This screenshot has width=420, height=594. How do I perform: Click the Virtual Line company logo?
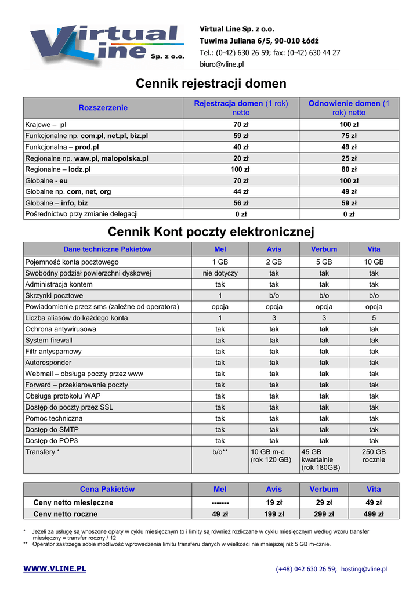click(x=107, y=45)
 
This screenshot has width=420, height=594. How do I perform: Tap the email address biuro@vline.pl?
click(x=222, y=64)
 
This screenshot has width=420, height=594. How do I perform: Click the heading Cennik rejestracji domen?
click(x=211, y=84)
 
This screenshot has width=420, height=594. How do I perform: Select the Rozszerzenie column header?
click(x=103, y=108)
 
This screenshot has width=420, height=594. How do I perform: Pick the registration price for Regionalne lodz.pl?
click(x=241, y=169)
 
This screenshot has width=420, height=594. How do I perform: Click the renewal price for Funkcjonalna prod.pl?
click(x=349, y=147)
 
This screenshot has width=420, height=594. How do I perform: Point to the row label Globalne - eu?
click(x=46, y=180)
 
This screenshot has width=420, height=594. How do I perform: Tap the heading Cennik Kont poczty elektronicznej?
click(x=211, y=233)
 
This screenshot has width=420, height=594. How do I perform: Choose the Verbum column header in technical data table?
click(x=324, y=249)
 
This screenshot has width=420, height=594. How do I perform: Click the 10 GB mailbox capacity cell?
click(x=374, y=262)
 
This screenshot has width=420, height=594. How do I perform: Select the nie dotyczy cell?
click(x=220, y=273)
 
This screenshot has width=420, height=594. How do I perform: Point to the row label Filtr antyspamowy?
click(x=53, y=352)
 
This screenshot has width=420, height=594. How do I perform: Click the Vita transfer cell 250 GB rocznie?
click(x=374, y=456)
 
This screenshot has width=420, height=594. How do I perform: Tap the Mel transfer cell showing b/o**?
click(x=220, y=452)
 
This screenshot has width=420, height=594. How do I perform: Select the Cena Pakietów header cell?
click(x=107, y=489)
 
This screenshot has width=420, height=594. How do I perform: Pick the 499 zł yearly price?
click(x=374, y=514)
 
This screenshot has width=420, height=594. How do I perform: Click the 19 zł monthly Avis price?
click(x=274, y=502)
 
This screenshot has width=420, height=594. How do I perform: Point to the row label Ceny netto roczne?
click(x=66, y=514)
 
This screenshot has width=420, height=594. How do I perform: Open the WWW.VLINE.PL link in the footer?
click(x=55, y=568)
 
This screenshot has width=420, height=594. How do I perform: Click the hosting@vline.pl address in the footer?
click(x=364, y=570)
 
